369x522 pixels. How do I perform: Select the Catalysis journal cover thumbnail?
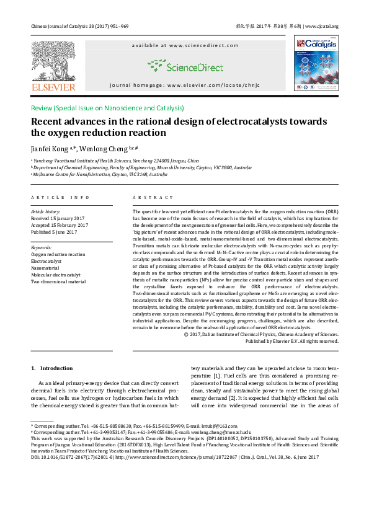[316, 63]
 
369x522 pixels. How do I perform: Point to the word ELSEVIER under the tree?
[53, 87]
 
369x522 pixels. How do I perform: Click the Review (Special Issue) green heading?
[107, 108]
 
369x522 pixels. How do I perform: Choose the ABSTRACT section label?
[153, 197]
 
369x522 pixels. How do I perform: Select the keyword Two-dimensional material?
[58, 281]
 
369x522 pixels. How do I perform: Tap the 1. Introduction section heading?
[51, 368]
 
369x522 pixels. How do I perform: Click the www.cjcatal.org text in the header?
[323, 26]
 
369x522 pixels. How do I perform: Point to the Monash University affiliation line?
[141, 167]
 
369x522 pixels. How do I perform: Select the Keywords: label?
[42, 247]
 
